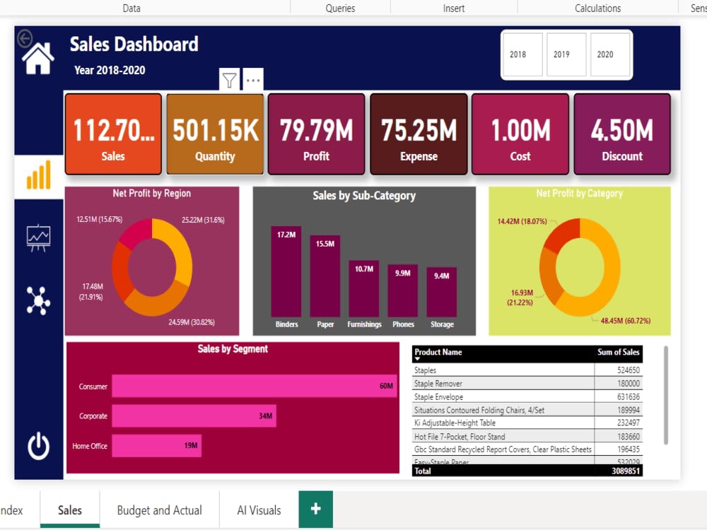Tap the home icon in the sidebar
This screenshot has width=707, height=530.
[38, 58]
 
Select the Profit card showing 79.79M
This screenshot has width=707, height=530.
[316, 134]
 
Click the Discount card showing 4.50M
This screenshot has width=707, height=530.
[622, 134]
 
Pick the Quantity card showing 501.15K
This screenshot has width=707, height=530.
[215, 134]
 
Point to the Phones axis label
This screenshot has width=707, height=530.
[403, 324]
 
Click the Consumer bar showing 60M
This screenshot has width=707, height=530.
[255, 386]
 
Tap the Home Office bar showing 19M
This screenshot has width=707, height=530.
[156, 446]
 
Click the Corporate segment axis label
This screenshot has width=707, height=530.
[93, 416]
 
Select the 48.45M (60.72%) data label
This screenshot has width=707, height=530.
[625, 320]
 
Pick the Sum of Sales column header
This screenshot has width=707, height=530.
[618, 352]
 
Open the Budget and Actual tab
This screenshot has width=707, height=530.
[159, 510]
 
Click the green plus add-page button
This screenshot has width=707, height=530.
[315, 509]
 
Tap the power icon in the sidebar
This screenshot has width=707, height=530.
[38, 447]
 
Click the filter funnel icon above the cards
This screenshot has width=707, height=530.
[230, 80]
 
